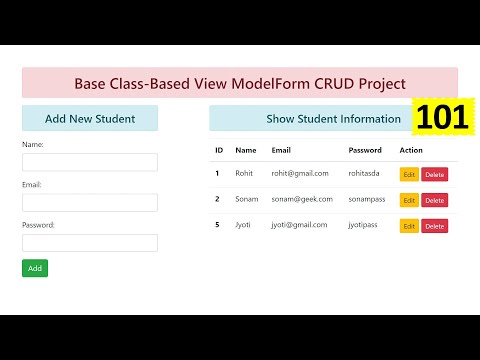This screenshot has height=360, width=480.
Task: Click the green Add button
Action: click(x=35, y=268)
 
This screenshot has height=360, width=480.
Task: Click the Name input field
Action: click(x=90, y=162)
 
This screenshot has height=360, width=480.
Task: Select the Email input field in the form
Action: click(x=90, y=202)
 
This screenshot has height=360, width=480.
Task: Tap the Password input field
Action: click(x=90, y=243)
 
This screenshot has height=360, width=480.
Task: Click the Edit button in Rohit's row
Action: click(x=409, y=174)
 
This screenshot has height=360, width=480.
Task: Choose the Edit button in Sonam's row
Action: click(x=409, y=200)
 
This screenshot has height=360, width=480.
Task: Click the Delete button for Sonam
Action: click(x=434, y=200)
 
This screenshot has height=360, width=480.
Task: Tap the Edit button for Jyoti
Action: click(x=409, y=226)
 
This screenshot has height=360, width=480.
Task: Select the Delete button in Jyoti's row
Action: click(x=434, y=226)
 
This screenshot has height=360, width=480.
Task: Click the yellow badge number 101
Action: click(x=441, y=118)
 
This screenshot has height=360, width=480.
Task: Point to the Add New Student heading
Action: click(x=90, y=119)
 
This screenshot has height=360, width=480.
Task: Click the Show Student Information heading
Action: click(x=333, y=119)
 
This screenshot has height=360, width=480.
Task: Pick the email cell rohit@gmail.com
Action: click(x=299, y=173)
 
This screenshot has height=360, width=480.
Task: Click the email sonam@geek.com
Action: click(x=300, y=199)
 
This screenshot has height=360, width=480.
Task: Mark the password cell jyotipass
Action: click(x=367, y=225)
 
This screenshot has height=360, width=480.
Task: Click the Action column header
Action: click(x=411, y=150)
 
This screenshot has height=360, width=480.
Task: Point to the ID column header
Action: click(x=219, y=150)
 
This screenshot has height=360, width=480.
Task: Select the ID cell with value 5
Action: click(x=217, y=225)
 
